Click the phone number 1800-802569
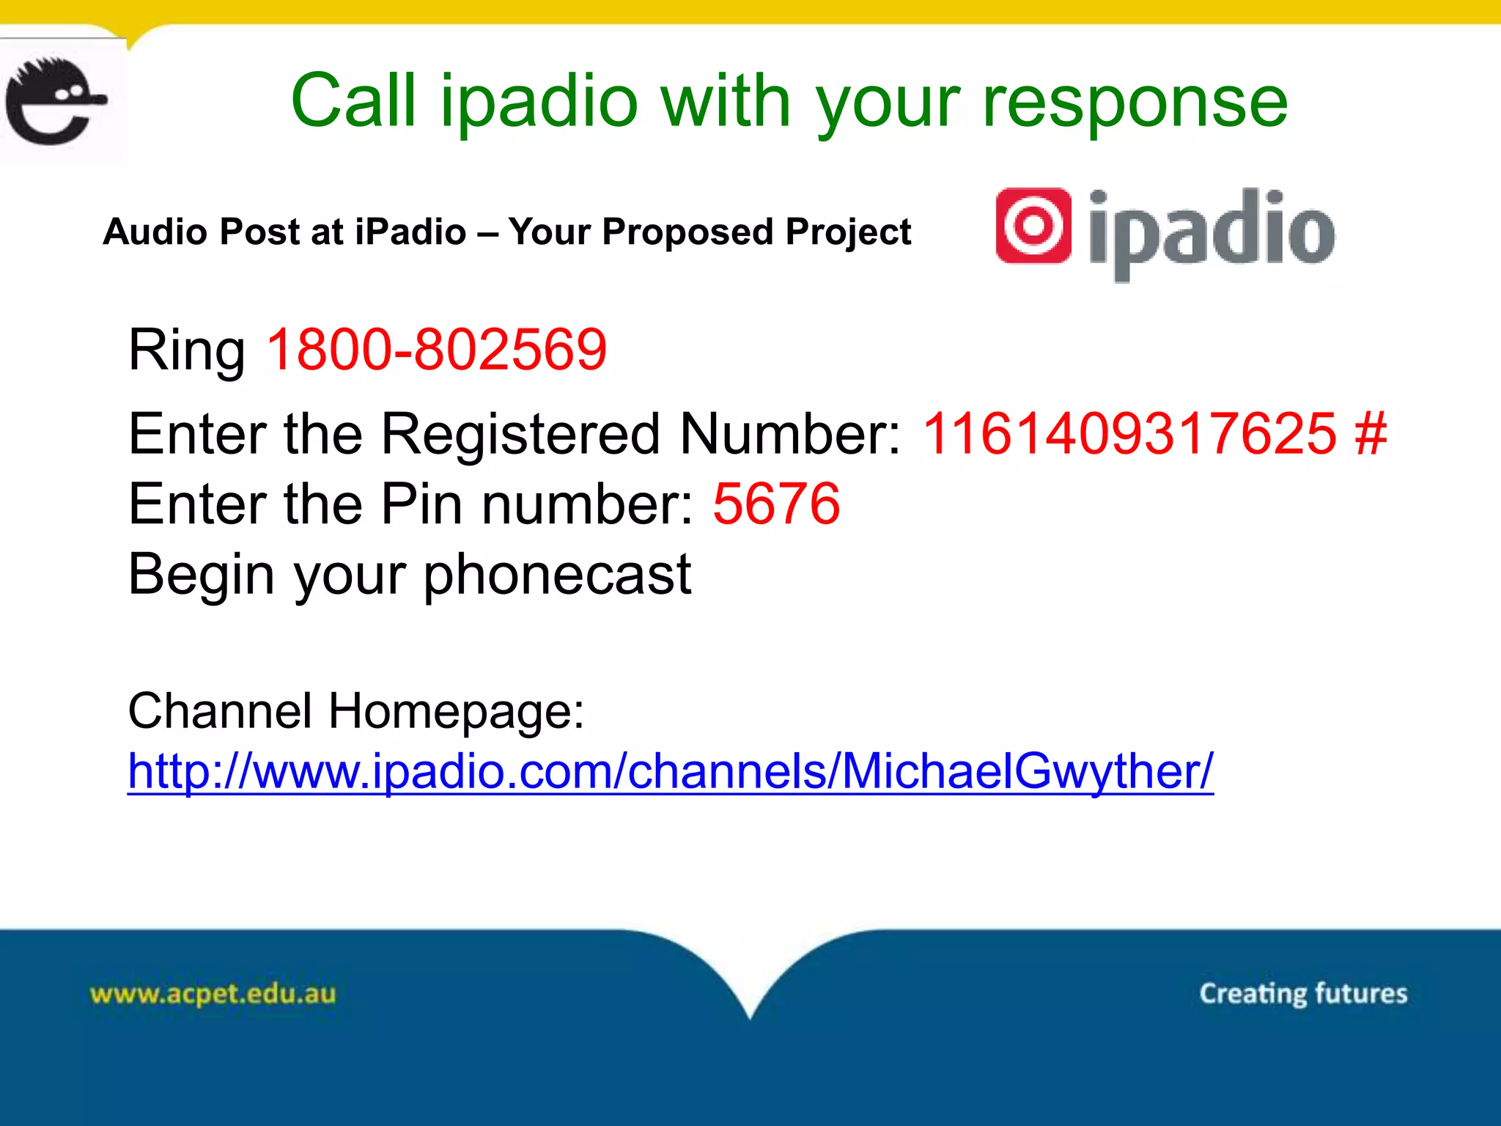(437, 350)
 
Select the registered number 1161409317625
(1129, 434)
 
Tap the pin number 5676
(776, 504)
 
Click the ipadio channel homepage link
(670, 771)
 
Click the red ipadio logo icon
(1033, 225)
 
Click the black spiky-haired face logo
(55, 100)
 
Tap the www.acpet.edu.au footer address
(213, 994)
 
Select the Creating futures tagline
(1303, 993)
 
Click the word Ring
(187, 351)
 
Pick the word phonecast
(557, 575)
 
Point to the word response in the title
(1134, 103)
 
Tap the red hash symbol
(1371, 434)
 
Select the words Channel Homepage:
(356, 711)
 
